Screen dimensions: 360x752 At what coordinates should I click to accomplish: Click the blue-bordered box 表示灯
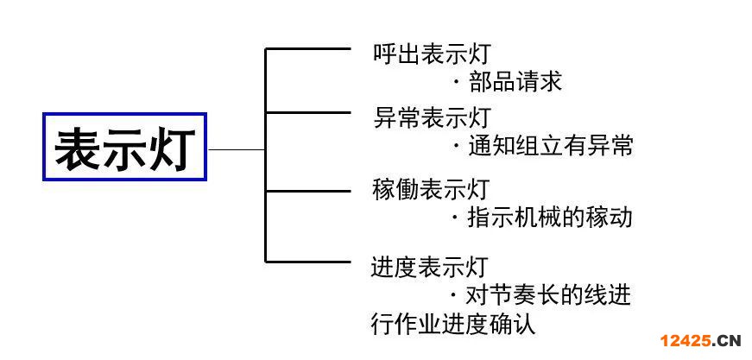click(125, 147)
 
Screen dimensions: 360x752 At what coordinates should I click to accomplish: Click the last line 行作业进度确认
click(453, 325)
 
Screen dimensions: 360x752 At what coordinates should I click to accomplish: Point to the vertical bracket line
click(266, 155)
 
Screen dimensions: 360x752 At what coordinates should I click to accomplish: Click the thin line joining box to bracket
click(237, 149)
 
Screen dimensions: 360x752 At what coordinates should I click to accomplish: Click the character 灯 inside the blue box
click(173, 148)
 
